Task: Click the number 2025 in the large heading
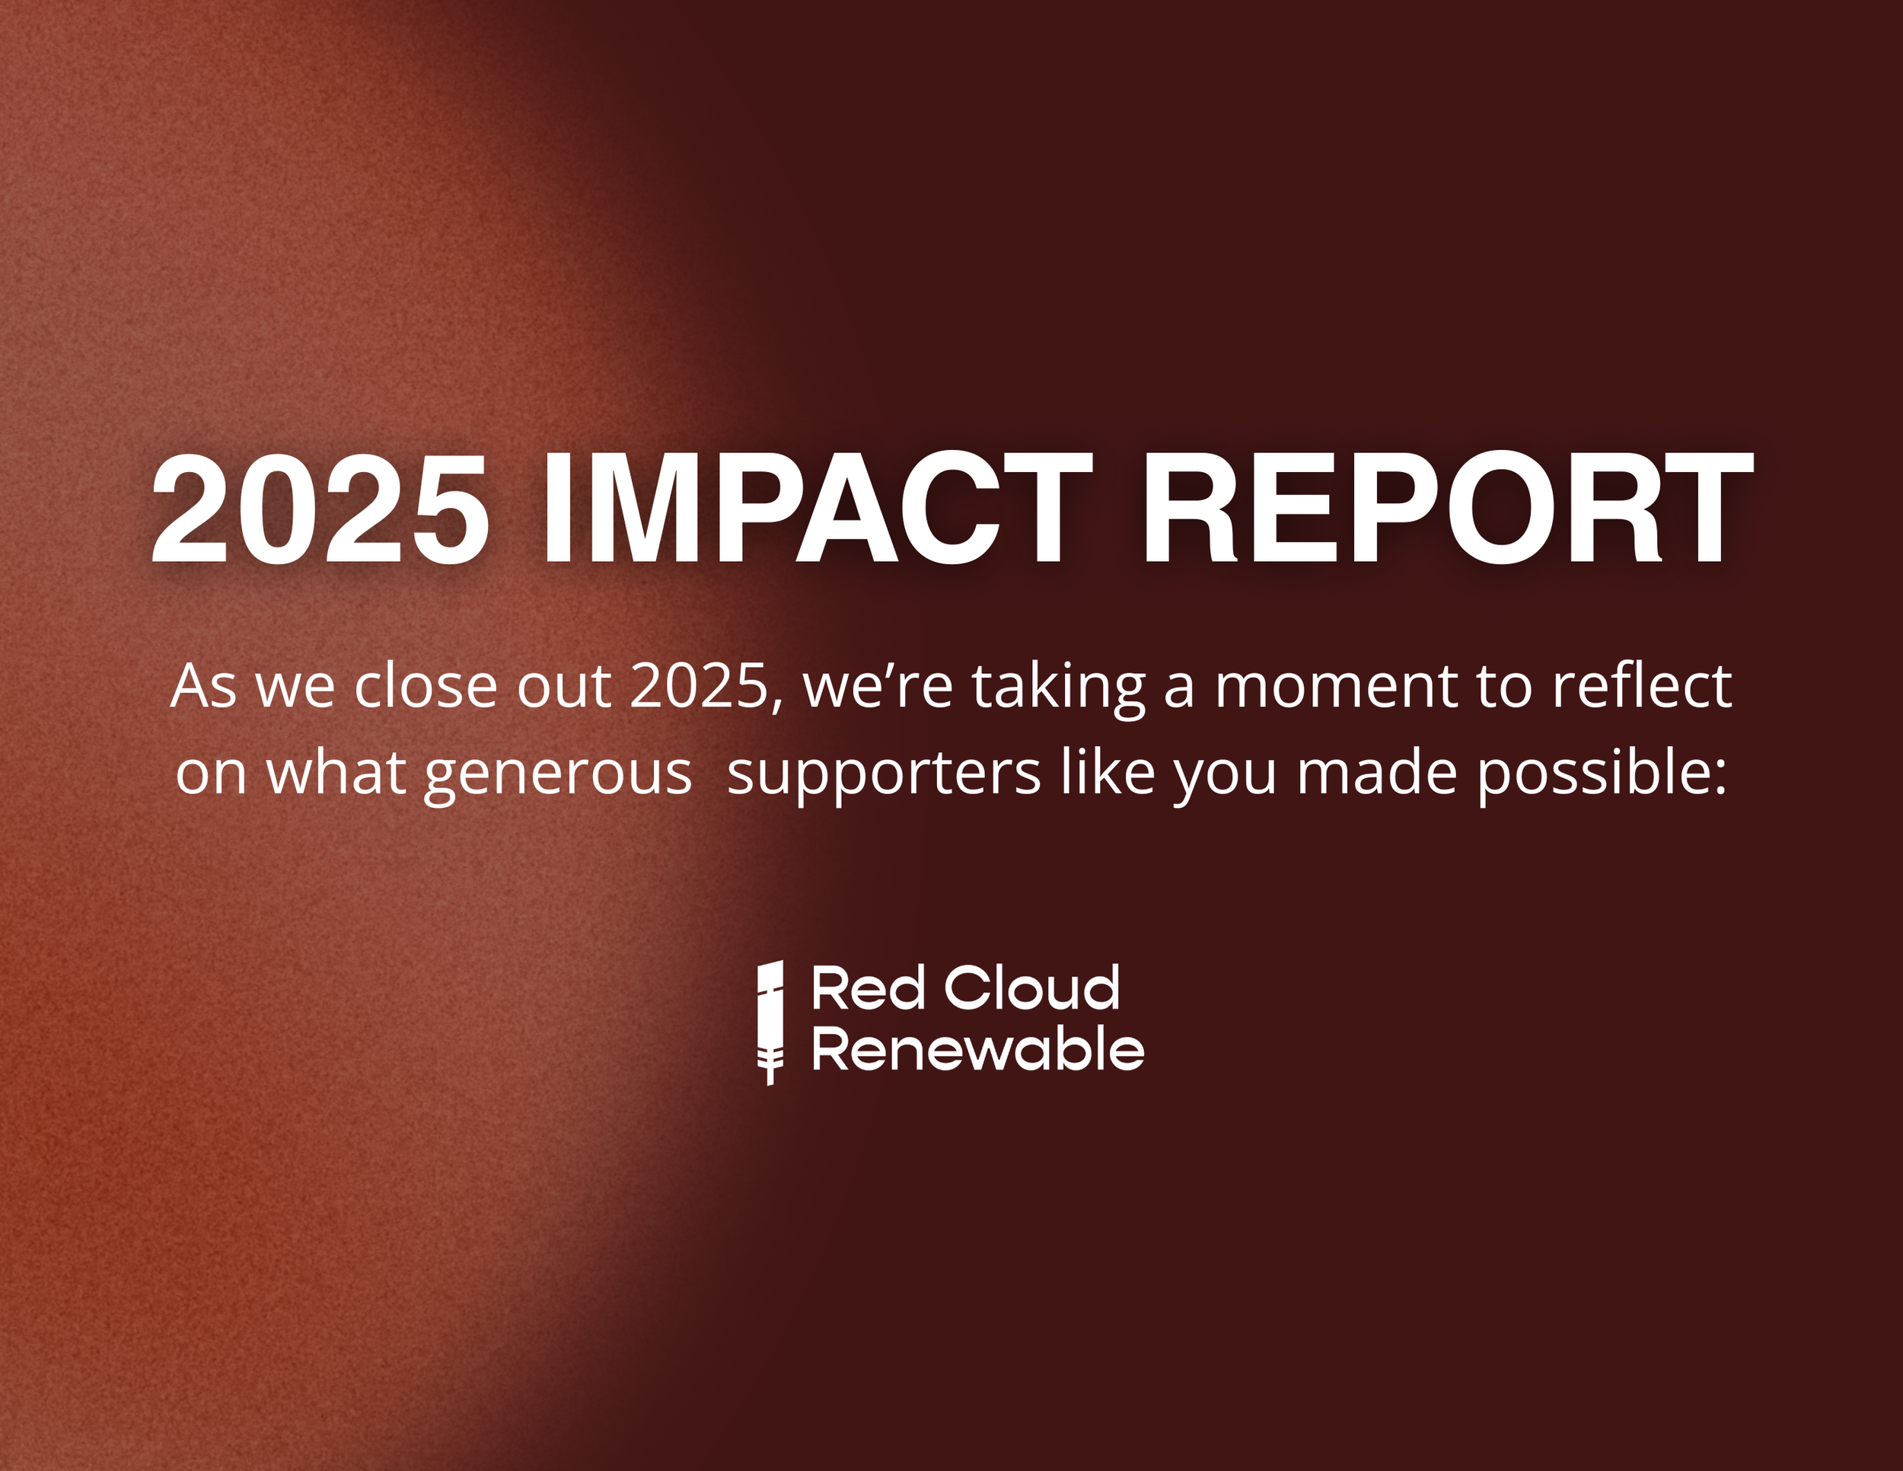320,510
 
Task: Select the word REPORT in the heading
1446,510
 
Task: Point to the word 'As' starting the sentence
203,687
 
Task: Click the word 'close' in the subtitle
426,687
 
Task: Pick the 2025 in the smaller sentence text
697,687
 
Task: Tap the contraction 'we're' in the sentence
878,687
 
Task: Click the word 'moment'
1336,687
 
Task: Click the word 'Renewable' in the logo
977,1049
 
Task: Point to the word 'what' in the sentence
336,773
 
